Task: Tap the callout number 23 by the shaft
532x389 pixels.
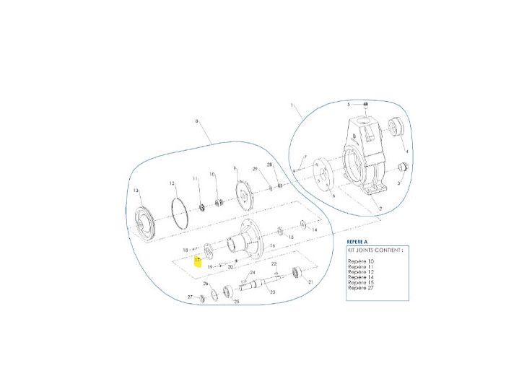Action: (x=272, y=292)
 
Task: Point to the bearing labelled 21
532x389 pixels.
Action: (x=295, y=273)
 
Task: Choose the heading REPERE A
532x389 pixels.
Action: (x=358, y=242)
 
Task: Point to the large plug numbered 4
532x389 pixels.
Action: (x=396, y=128)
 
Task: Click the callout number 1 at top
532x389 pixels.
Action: (x=292, y=106)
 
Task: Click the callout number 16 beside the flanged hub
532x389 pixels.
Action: (x=271, y=246)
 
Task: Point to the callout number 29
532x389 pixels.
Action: (x=255, y=168)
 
